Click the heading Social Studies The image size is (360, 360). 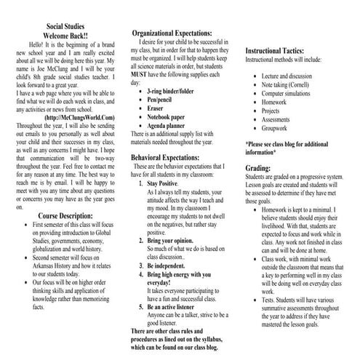click(x=65, y=25)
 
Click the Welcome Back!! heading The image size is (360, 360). click(x=65, y=35)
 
